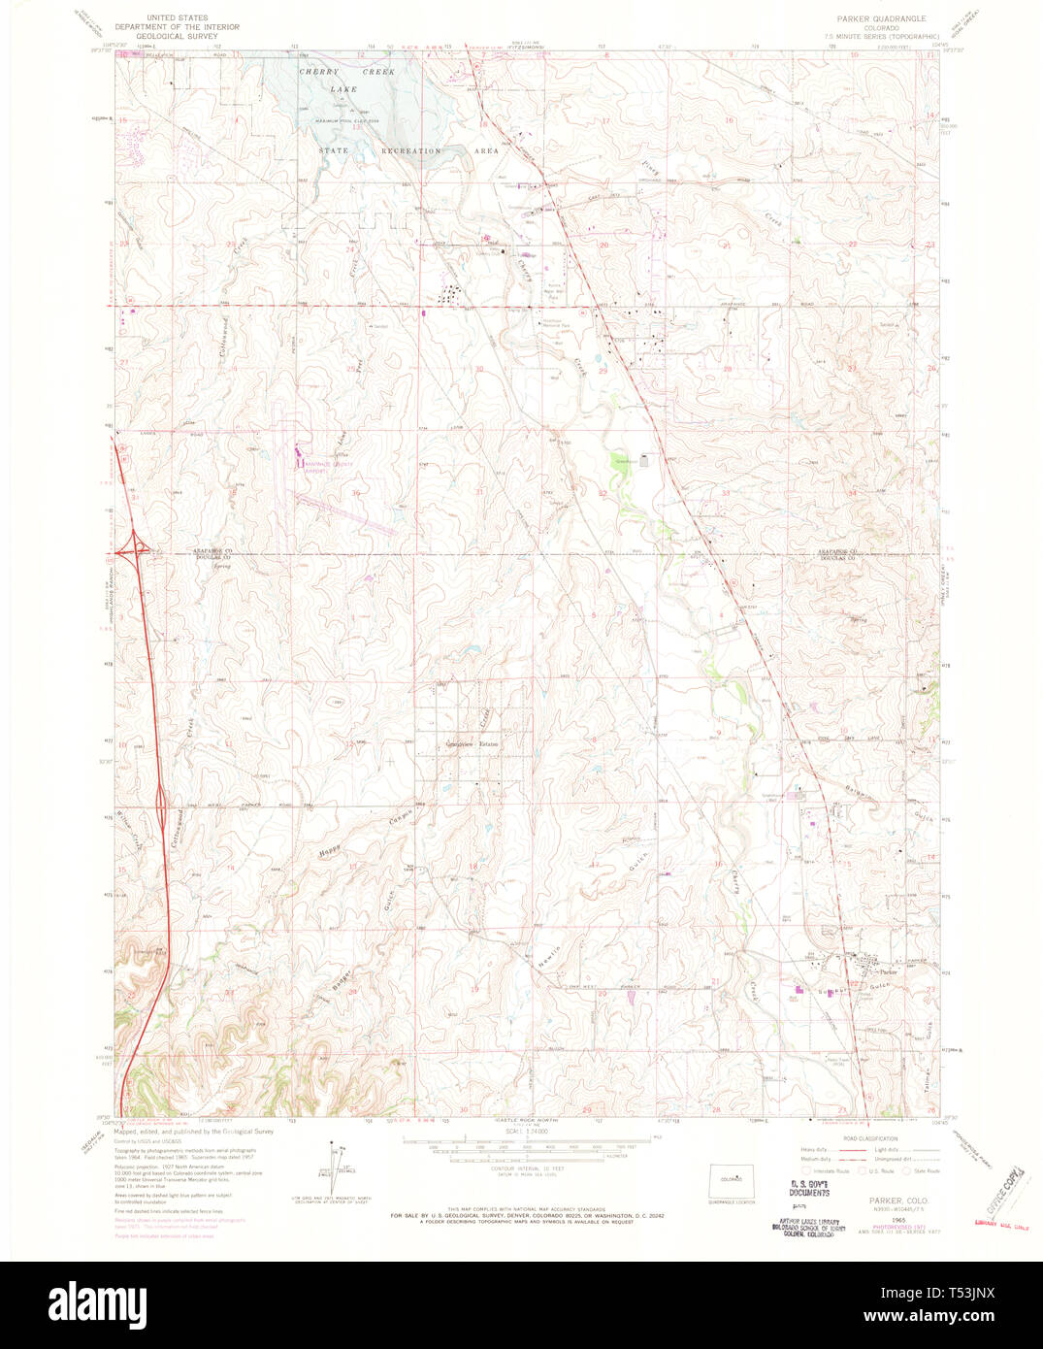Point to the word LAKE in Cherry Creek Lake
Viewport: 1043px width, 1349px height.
pos(342,89)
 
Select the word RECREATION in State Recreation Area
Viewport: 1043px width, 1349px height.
pos(411,151)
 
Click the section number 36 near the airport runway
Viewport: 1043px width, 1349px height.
pos(356,493)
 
